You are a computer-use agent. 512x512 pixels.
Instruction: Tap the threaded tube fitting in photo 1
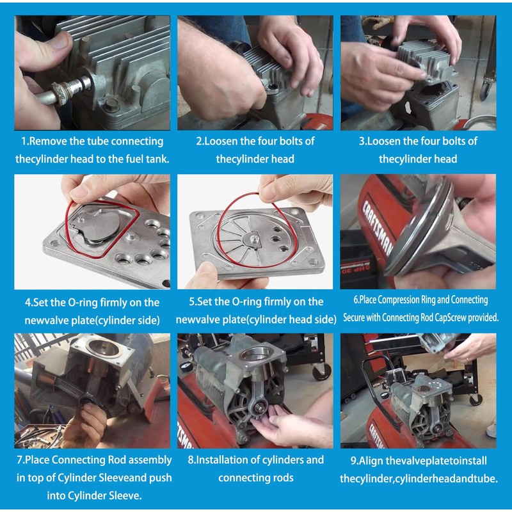click(70, 90)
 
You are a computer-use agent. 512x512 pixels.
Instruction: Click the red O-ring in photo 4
click(102, 228)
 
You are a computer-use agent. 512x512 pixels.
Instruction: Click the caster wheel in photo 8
click(322, 371)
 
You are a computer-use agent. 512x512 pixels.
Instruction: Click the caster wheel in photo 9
click(476, 399)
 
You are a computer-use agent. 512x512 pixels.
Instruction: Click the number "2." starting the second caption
click(200, 141)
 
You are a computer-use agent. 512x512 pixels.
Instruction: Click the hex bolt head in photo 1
click(111, 105)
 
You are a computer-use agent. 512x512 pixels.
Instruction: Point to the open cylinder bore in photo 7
click(104, 349)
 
